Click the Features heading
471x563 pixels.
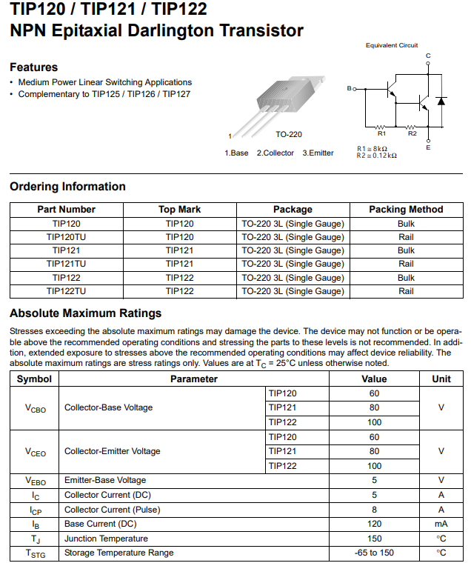click(33, 67)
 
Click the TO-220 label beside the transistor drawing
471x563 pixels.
click(289, 135)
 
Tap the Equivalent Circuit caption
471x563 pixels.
click(391, 45)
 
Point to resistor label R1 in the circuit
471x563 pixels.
click(381, 134)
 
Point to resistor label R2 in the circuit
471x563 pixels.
click(412, 134)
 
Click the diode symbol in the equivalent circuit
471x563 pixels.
click(441, 100)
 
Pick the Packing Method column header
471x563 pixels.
click(406, 210)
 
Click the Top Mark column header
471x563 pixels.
click(179, 210)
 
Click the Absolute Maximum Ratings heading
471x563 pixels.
click(85, 313)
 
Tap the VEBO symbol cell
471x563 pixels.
click(35, 481)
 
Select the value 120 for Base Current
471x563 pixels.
click(374, 524)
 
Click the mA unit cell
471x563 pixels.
click(441, 524)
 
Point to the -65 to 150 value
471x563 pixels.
click(374, 553)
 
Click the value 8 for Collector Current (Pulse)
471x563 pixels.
click(374, 510)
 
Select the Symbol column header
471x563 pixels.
click(34, 379)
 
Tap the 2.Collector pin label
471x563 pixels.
click(275, 153)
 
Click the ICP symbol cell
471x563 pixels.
click(35, 510)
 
